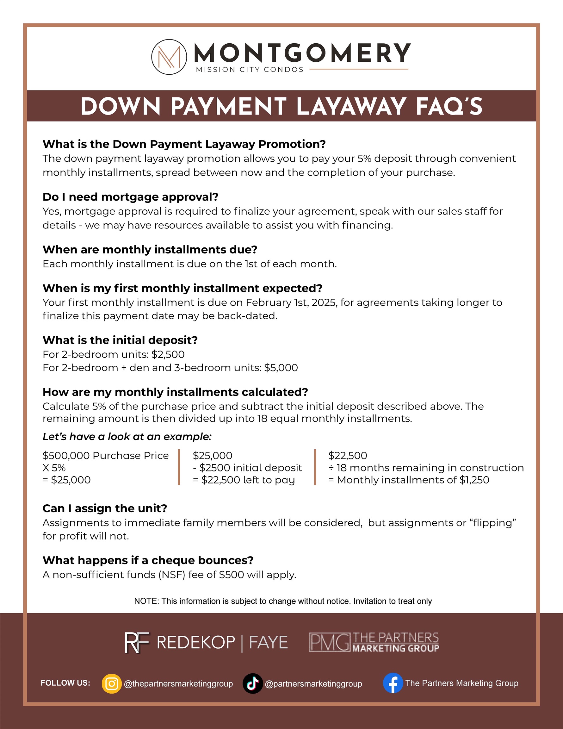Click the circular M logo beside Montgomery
click(169, 57)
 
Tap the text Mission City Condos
click(250, 69)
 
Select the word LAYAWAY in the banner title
click(351, 107)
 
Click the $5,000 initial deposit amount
click(281, 368)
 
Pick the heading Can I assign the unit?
click(105, 508)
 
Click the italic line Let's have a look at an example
click(127, 437)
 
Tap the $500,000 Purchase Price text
click(105, 456)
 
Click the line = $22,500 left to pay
click(244, 480)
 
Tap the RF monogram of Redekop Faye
click(137, 643)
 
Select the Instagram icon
click(111, 684)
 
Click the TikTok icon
click(253, 684)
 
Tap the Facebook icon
click(393, 683)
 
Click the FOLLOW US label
click(65, 683)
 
